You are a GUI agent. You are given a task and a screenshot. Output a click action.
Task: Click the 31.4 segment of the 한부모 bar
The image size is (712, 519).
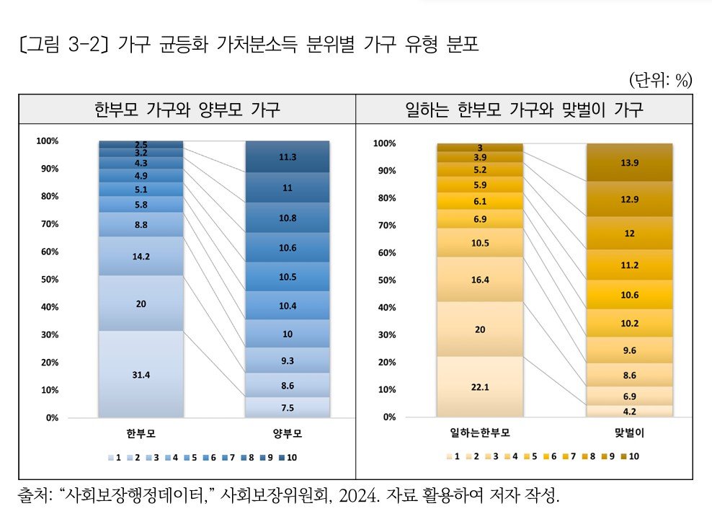[141, 373]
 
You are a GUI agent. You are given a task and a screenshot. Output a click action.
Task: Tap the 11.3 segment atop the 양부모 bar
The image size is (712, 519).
[287, 156]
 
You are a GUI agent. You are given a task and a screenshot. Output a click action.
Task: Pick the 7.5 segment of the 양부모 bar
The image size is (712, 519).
[287, 407]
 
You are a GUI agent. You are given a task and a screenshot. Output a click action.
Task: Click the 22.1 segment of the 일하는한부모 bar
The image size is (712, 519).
[479, 386]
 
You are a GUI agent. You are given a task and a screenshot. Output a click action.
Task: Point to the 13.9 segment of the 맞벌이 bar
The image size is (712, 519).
[629, 163]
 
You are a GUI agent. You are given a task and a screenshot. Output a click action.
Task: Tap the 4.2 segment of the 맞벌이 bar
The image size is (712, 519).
[629, 411]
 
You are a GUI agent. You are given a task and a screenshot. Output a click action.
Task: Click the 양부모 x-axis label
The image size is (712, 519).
[287, 434]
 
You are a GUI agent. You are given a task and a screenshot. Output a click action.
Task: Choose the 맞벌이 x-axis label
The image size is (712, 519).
[629, 433]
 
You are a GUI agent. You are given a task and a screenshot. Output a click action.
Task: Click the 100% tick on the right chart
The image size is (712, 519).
[384, 143]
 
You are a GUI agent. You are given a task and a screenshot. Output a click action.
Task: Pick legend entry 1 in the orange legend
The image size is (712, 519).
[453, 456]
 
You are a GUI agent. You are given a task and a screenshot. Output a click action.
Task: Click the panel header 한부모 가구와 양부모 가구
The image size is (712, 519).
[187, 110]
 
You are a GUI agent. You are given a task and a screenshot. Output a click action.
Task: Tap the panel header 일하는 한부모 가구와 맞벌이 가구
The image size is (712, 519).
[525, 110]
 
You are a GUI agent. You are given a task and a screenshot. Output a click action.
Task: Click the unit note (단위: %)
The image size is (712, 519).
[660, 80]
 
